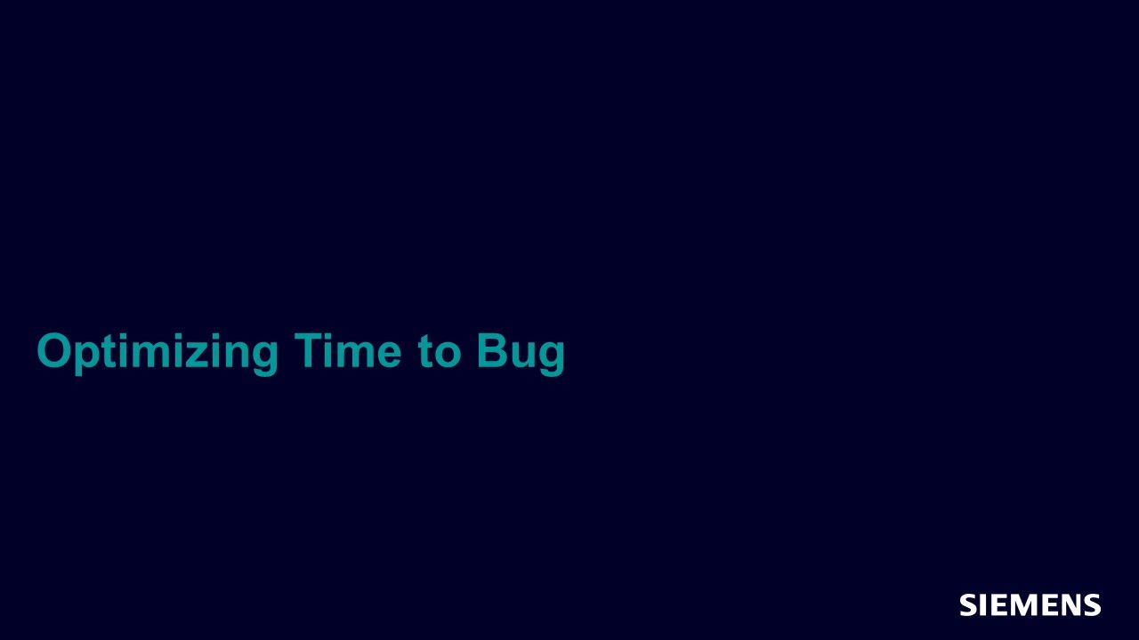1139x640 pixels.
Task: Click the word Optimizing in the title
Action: (158, 354)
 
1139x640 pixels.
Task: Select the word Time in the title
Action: (348, 350)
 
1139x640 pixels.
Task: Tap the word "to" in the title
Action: (440, 351)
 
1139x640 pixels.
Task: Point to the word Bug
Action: (521, 354)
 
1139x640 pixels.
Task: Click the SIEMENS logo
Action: (1030, 605)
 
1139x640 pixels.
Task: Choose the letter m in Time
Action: (355, 355)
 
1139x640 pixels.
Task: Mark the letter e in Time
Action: (390, 355)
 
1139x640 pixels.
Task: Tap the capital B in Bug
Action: (492, 350)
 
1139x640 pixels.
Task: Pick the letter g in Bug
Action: (553, 358)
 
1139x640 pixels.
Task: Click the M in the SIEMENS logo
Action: (1023, 605)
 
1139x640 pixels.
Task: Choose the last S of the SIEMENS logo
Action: (1092, 605)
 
